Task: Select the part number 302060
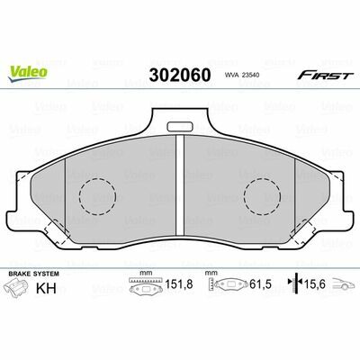[180, 76]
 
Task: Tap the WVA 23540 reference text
[239, 76]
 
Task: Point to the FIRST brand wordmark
[324, 76]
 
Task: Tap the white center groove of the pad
[180, 185]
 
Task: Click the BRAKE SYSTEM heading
[34, 274]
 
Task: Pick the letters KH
[46, 288]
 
